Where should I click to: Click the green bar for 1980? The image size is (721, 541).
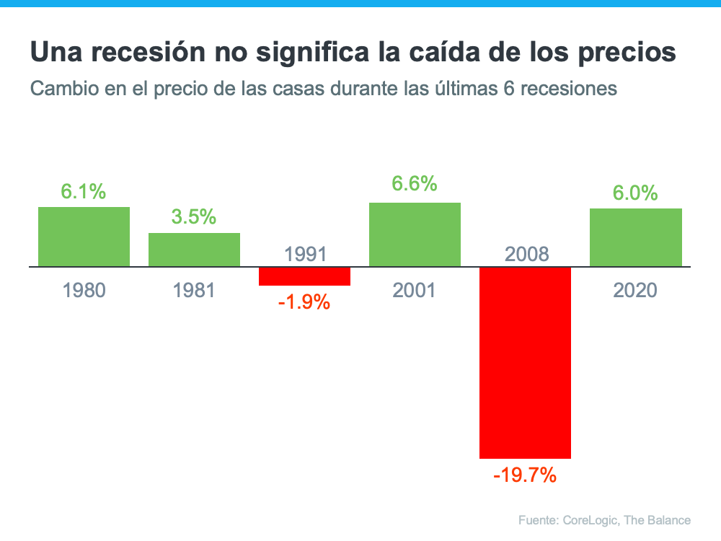click(x=84, y=237)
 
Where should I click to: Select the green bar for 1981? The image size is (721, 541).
click(x=194, y=250)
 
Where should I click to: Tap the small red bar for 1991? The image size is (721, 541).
click(x=304, y=276)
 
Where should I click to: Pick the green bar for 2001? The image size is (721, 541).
click(x=415, y=234)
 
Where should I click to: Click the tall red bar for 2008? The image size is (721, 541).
click(x=525, y=362)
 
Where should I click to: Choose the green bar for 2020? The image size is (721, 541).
click(x=635, y=237)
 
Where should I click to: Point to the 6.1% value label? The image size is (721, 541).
click(x=84, y=192)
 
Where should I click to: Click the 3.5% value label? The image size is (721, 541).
click(x=194, y=217)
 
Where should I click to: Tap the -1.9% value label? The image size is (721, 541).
click(x=304, y=302)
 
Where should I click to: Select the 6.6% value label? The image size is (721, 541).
click(x=415, y=184)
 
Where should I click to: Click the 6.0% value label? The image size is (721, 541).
click(x=635, y=193)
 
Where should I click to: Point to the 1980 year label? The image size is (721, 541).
click(x=84, y=291)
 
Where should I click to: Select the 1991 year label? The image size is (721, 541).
click(x=305, y=254)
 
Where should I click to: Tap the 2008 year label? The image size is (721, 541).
click(x=526, y=254)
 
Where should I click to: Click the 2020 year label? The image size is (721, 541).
click(x=635, y=291)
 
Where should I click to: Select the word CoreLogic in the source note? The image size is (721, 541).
click(x=590, y=520)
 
